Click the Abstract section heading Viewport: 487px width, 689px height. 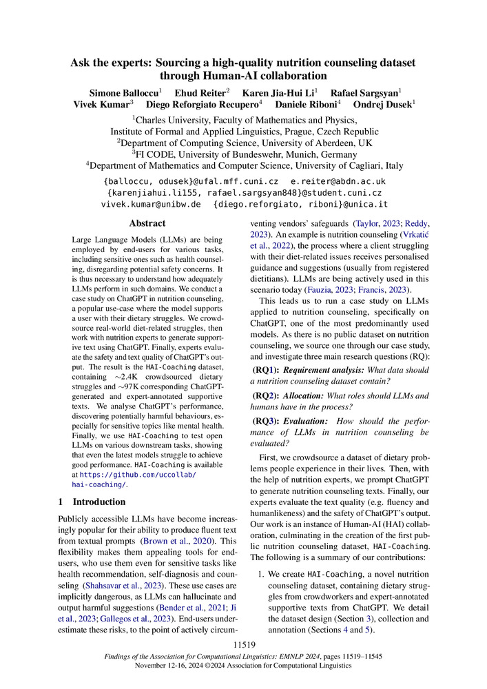click(x=147, y=223)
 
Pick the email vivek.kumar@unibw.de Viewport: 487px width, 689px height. click(x=151, y=204)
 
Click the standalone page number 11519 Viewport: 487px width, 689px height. click(x=243, y=644)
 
